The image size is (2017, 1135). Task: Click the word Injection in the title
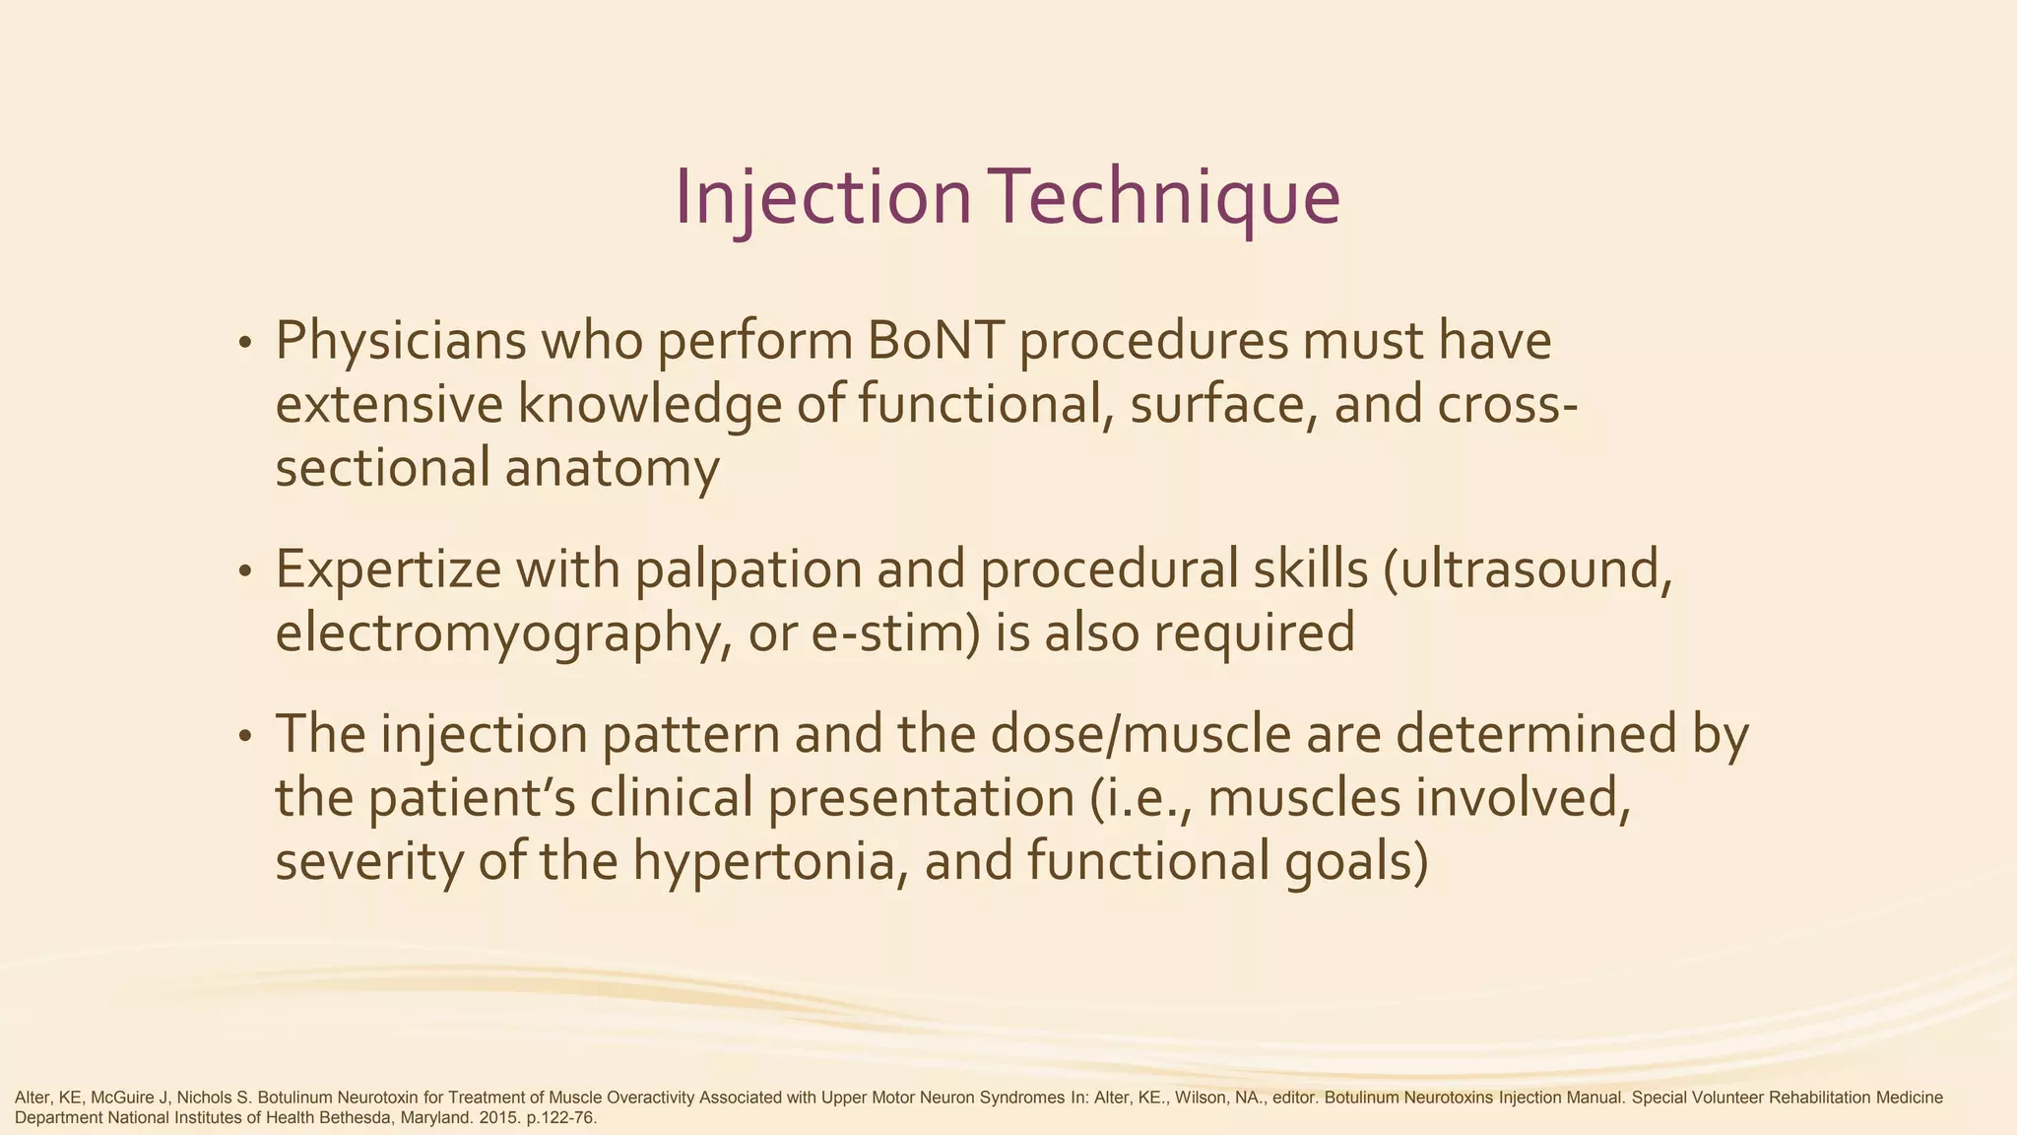(823, 197)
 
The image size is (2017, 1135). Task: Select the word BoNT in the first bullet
(937, 341)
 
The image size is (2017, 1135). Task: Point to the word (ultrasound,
(1528, 569)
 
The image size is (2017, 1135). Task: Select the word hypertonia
(769, 862)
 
